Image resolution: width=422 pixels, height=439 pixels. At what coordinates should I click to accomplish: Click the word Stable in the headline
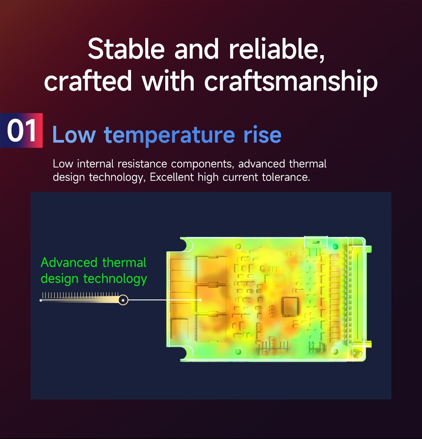126,49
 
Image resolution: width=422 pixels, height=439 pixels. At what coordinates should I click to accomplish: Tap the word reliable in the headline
277,49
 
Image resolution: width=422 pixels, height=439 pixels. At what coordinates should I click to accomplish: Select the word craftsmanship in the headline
291,81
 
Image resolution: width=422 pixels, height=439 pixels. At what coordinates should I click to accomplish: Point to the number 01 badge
21,131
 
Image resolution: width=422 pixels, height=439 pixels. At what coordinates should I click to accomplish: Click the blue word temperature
169,136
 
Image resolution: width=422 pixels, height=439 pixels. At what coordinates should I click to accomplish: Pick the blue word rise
262,135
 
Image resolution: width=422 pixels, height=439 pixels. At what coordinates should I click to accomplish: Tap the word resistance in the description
142,164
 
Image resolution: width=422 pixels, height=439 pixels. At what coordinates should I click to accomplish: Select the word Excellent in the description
171,177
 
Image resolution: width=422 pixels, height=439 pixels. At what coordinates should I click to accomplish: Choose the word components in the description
202,164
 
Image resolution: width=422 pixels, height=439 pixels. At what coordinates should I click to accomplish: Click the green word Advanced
69,263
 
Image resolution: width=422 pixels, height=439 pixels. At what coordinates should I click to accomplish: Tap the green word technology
115,279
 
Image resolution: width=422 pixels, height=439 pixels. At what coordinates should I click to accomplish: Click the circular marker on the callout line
123,300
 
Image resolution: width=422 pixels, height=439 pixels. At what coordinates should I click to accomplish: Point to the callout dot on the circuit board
200,300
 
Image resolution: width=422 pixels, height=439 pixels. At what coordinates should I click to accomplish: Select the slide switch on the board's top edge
316,241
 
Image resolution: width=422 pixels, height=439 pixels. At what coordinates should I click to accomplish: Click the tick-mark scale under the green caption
80,295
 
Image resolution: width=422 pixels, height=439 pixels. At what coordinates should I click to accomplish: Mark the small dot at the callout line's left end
41,300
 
